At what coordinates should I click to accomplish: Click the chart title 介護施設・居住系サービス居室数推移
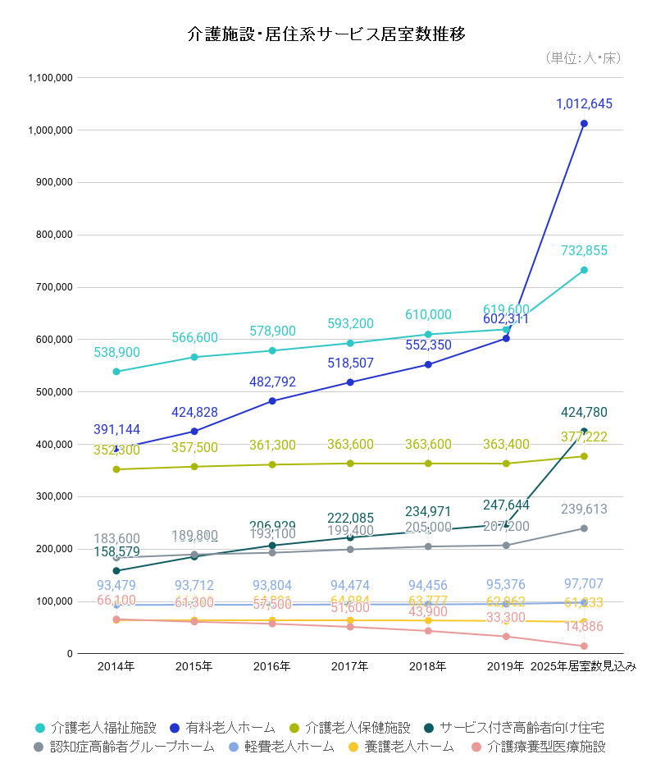327,34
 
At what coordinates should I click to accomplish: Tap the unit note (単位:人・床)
582,58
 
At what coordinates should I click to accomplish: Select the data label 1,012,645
584,104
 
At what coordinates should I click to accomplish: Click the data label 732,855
584,251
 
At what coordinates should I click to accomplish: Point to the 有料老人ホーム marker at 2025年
584,124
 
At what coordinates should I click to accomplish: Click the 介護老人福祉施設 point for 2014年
116,372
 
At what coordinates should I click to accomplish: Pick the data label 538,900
116,353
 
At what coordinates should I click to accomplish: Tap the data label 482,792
272,382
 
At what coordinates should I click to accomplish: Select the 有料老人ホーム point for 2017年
350,382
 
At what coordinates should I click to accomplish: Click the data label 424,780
584,413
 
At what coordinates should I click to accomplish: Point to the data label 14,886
584,627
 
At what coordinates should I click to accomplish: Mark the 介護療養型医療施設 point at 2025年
584,647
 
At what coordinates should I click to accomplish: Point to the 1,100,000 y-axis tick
51,78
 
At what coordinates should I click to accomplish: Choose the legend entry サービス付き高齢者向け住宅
522,728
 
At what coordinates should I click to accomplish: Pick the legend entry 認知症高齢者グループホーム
131,747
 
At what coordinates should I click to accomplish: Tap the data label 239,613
584,510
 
